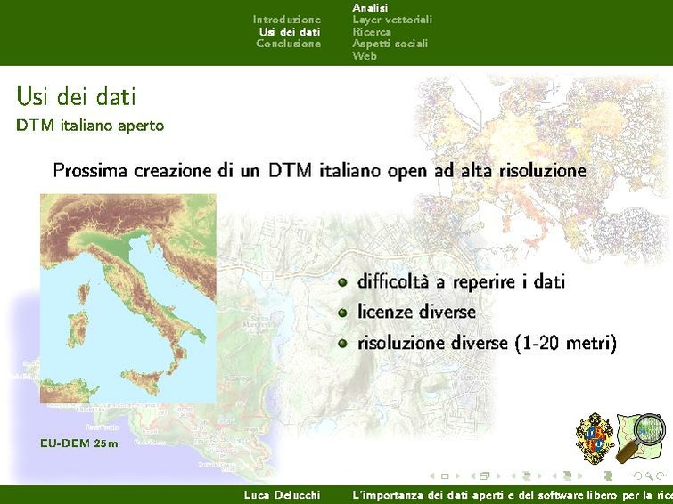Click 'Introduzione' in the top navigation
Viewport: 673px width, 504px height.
click(286, 20)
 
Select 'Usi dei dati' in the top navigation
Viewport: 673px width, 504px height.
click(290, 32)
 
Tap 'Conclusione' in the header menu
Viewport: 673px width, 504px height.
click(288, 44)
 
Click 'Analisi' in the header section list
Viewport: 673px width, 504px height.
click(370, 7)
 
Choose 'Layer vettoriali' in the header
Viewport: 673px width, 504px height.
click(392, 20)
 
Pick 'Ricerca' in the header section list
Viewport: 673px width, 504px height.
click(372, 32)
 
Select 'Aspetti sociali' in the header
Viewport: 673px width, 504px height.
click(390, 44)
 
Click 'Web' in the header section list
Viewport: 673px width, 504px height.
click(365, 56)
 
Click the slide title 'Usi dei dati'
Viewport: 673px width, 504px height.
click(76, 96)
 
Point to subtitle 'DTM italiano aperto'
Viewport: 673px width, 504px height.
click(90, 126)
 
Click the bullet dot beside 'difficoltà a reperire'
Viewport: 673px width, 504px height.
click(342, 282)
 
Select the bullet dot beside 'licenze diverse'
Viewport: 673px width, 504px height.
click(342, 313)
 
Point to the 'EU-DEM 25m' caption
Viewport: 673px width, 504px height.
click(78, 443)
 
